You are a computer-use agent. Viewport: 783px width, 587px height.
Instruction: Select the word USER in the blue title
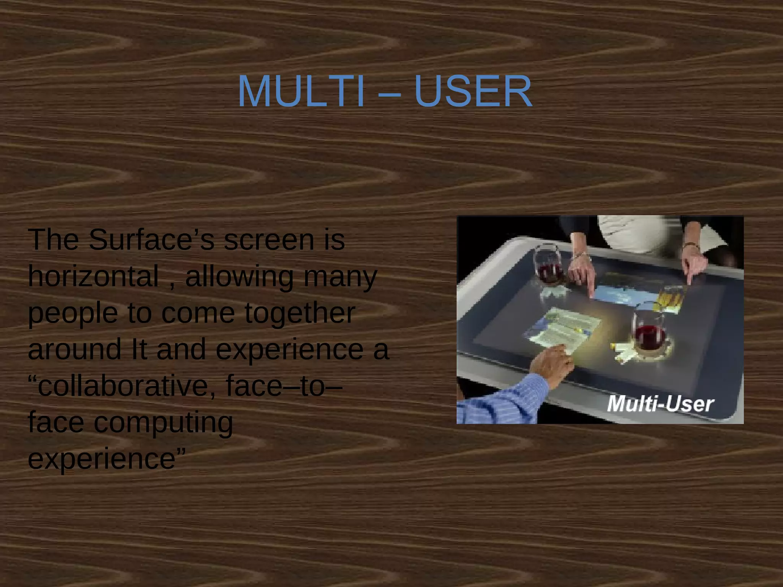[473, 92]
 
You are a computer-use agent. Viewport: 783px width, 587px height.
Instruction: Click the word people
[73, 313]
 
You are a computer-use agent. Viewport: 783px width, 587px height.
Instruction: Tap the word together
[300, 313]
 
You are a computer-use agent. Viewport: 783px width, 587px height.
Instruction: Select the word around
[75, 349]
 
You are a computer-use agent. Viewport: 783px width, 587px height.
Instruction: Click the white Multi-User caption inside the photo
[660, 404]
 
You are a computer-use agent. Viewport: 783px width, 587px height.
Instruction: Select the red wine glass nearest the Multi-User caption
[649, 332]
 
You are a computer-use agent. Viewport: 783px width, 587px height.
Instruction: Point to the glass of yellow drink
[670, 299]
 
